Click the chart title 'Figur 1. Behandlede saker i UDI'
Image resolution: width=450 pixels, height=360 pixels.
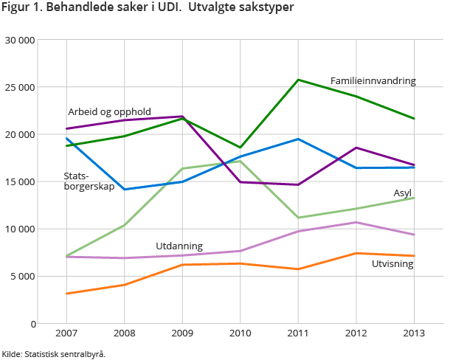click(148, 8)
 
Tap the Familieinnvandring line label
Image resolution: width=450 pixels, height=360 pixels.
click(373, 80)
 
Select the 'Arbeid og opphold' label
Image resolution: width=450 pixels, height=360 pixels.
click(109, 112)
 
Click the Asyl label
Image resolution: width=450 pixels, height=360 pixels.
click(402, 193)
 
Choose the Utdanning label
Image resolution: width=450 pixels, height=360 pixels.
click(179, 246)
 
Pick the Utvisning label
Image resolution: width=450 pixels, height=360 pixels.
click(392, 263)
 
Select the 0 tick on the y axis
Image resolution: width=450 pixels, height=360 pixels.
click(32, 324)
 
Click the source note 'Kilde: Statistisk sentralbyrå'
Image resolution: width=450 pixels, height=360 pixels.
click(53, 354)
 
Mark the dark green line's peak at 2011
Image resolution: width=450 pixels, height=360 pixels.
click(298, 80)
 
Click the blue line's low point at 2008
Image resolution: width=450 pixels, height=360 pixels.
click(125, 190)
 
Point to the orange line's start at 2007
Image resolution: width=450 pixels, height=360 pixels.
click(67, 294)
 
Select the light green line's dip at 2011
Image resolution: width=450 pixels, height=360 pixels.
click(298, 218)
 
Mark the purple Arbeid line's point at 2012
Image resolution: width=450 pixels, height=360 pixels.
click(356, 148)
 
